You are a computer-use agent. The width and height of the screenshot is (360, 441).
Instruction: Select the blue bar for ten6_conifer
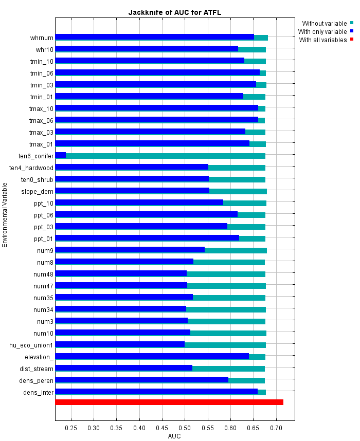[61, 155]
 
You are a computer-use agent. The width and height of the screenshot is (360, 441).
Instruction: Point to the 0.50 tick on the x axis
[185, 428]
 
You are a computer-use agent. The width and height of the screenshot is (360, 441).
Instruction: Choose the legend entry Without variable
[324, 23]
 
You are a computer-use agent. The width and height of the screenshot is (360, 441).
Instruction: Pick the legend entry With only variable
[324, 31]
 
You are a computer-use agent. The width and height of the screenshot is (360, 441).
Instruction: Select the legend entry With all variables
[322, 40]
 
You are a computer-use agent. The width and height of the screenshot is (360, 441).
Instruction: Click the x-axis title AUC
[174, 436]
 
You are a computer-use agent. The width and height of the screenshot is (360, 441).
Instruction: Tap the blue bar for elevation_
[152, 356]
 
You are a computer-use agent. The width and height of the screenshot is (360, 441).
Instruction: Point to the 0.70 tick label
[276, 428]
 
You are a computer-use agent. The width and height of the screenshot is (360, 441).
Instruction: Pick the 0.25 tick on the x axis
[71, 428]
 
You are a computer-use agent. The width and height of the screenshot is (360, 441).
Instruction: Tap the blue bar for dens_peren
[141, 380]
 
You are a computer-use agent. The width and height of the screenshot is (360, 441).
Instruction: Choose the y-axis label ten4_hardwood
[31, 168]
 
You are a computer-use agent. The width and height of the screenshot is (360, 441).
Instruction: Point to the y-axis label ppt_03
[43, 227]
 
